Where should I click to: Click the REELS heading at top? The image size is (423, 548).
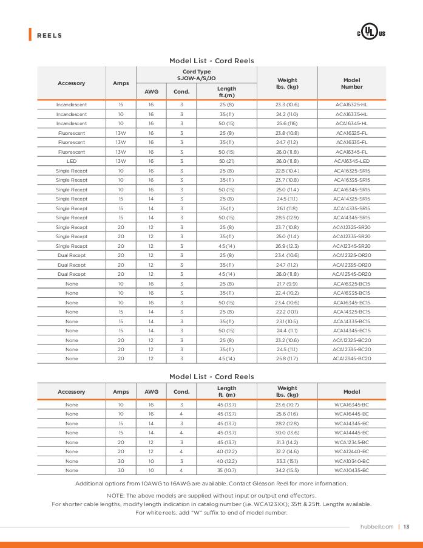50,35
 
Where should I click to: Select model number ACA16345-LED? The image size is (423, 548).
351,161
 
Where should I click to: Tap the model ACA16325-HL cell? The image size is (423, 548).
351,104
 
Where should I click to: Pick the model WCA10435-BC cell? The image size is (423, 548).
351,470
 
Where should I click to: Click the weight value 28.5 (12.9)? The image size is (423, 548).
287,217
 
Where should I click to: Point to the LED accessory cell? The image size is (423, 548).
72,161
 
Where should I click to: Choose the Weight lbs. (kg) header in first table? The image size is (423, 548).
287,83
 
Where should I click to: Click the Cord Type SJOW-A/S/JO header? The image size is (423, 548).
196,75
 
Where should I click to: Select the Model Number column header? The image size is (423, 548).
351,83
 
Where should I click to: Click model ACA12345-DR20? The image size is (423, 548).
351,274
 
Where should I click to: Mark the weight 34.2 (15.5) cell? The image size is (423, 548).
287,470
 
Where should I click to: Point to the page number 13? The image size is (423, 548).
407,527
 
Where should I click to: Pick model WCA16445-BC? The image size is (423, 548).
351,414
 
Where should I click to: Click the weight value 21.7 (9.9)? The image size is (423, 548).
287,284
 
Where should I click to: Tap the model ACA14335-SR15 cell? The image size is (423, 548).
351,208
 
